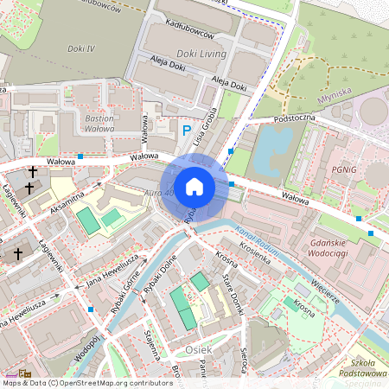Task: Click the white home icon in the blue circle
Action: pyautogui.click(x=194, y=187)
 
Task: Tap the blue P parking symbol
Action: pyautogui.click(x=187, y=131)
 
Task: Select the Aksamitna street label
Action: pyautogui.click(x=66, y=200)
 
